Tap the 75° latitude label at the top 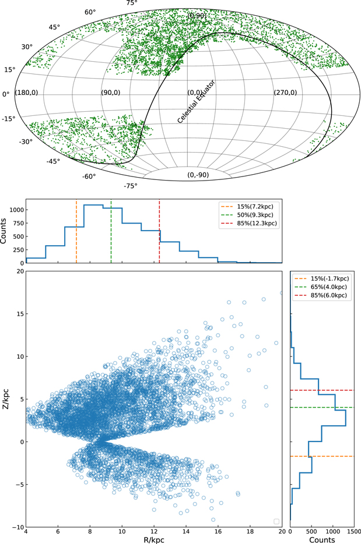pyautogui.click(x=132, y=3)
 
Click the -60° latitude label pyautogui.click(x=89, y=176)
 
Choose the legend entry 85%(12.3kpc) pyautogui.click(x=251, y=224)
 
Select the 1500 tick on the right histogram pyautogui.click(x=354, y=531)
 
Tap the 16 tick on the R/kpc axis pyautogui.click(x=218, y=531)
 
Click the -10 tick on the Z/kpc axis pyautogui.click(x=15, y=527)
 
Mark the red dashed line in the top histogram pyautogui.click(x=159, y=233)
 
